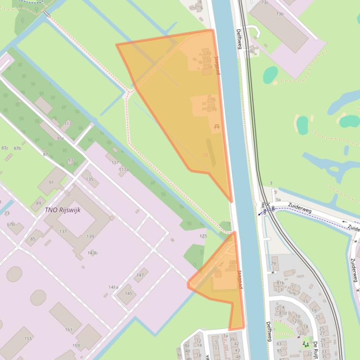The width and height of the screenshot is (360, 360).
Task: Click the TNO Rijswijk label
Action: point(63,210)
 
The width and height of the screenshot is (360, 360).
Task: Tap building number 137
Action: point(63,232)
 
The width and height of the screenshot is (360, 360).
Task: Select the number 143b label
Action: point(93,253)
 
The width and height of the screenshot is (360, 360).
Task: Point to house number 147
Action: point(140,275)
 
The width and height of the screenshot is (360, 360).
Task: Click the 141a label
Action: point(113,287)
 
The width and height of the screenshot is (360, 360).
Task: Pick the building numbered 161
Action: point(69,330)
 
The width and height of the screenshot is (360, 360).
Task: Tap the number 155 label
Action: point(28,338)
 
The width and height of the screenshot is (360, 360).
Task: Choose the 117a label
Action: point(124,169)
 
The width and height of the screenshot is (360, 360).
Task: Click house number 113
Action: point(68,124)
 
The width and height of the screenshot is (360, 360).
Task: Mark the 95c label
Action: point(60,138)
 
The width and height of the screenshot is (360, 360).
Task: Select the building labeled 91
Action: point(51,182)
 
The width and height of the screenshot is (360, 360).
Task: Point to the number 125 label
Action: point(203,236)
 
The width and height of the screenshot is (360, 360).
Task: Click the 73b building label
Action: point(279,14)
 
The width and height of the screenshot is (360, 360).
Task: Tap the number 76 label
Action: point(251,51)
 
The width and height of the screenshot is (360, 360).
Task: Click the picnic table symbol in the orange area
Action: point(217,126)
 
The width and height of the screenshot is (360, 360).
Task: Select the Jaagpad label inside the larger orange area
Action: point(217,65)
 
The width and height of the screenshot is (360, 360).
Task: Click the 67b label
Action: point(11,224)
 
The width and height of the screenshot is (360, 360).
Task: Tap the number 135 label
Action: point(89,179)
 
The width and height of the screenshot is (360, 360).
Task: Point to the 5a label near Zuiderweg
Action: point(278,200)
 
